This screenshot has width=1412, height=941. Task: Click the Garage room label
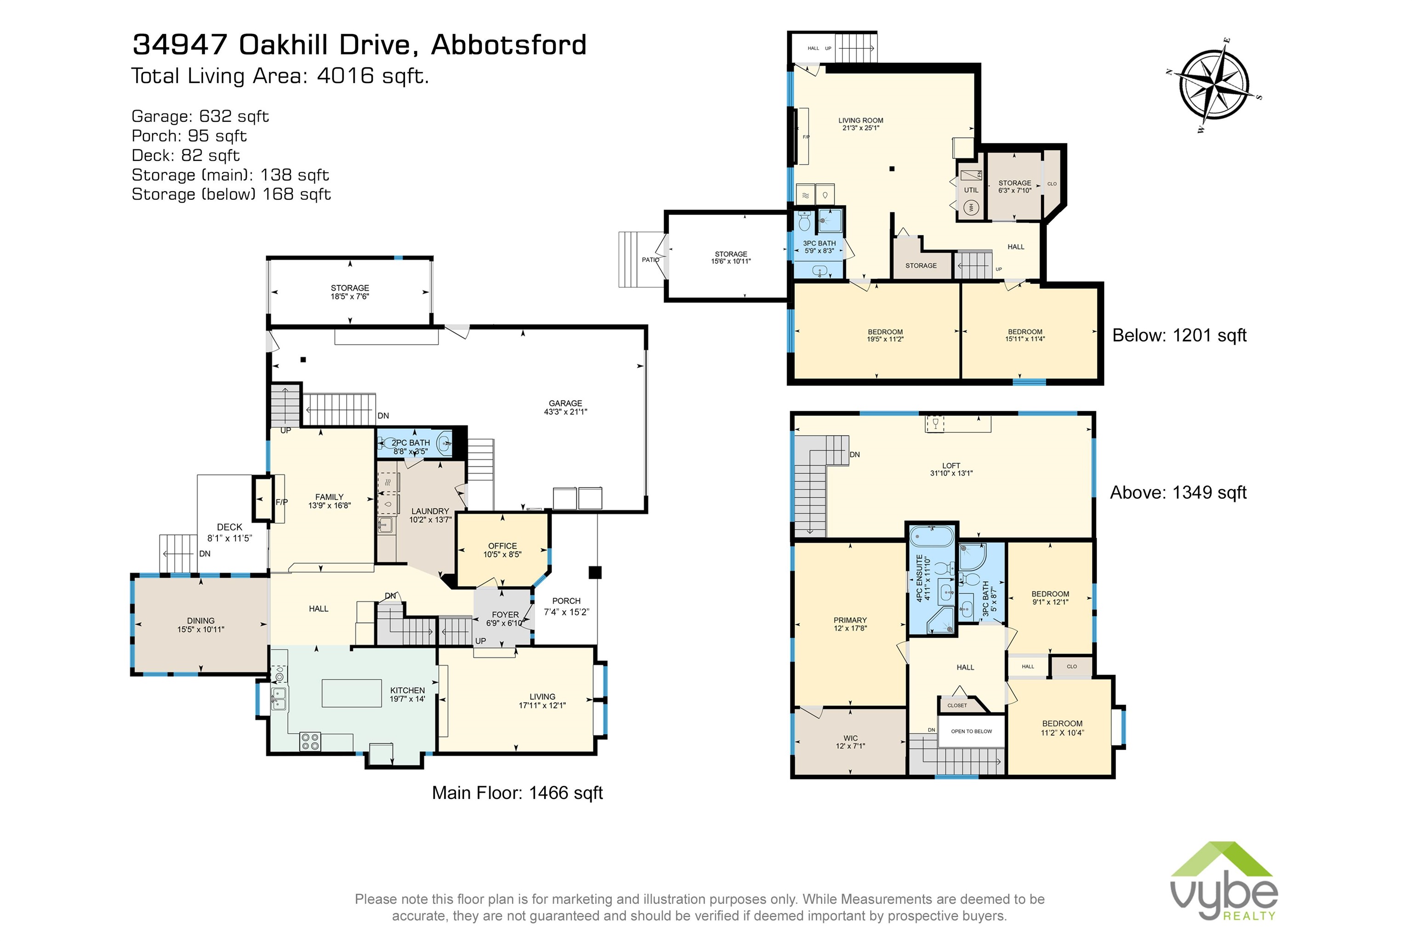tap(565, 403)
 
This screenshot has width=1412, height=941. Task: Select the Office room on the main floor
tap(502, 550)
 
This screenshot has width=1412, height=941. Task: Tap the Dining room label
tap(200, 621)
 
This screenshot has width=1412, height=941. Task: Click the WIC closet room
tap(850, 742)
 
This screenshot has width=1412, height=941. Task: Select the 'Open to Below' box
tap(971, 731)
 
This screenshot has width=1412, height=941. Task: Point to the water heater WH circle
tap(971, 208)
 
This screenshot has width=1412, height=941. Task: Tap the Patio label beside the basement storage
tap(650, 260)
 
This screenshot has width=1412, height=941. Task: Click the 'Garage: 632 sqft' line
tap(200, 116)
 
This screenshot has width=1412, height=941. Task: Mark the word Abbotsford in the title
tap(508, 45)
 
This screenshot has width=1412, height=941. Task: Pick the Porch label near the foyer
tap(566, 601)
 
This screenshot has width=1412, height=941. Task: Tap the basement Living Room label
tap(860, 120)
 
